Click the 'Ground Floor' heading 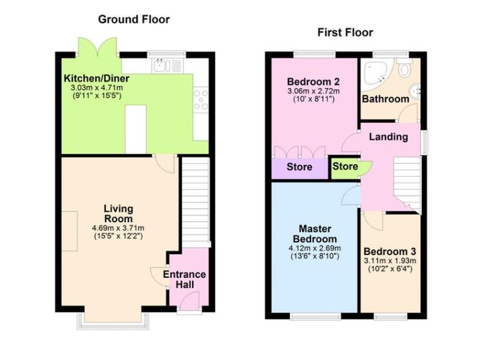click(134, 20)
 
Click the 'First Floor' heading click(344, 32)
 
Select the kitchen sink click(162, 64)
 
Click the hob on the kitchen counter click(201, 99)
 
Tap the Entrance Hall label click(184, 279)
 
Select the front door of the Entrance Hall click(190, 301)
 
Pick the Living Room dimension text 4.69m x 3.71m click(117, 228)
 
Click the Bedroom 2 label click(313, 81)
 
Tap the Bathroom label click(385, 99)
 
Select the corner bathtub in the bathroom click(374, 73)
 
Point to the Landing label click(388, 137)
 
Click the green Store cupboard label click(345, 166)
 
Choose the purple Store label click(300, 167)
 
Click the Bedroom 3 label click(389, 252)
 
